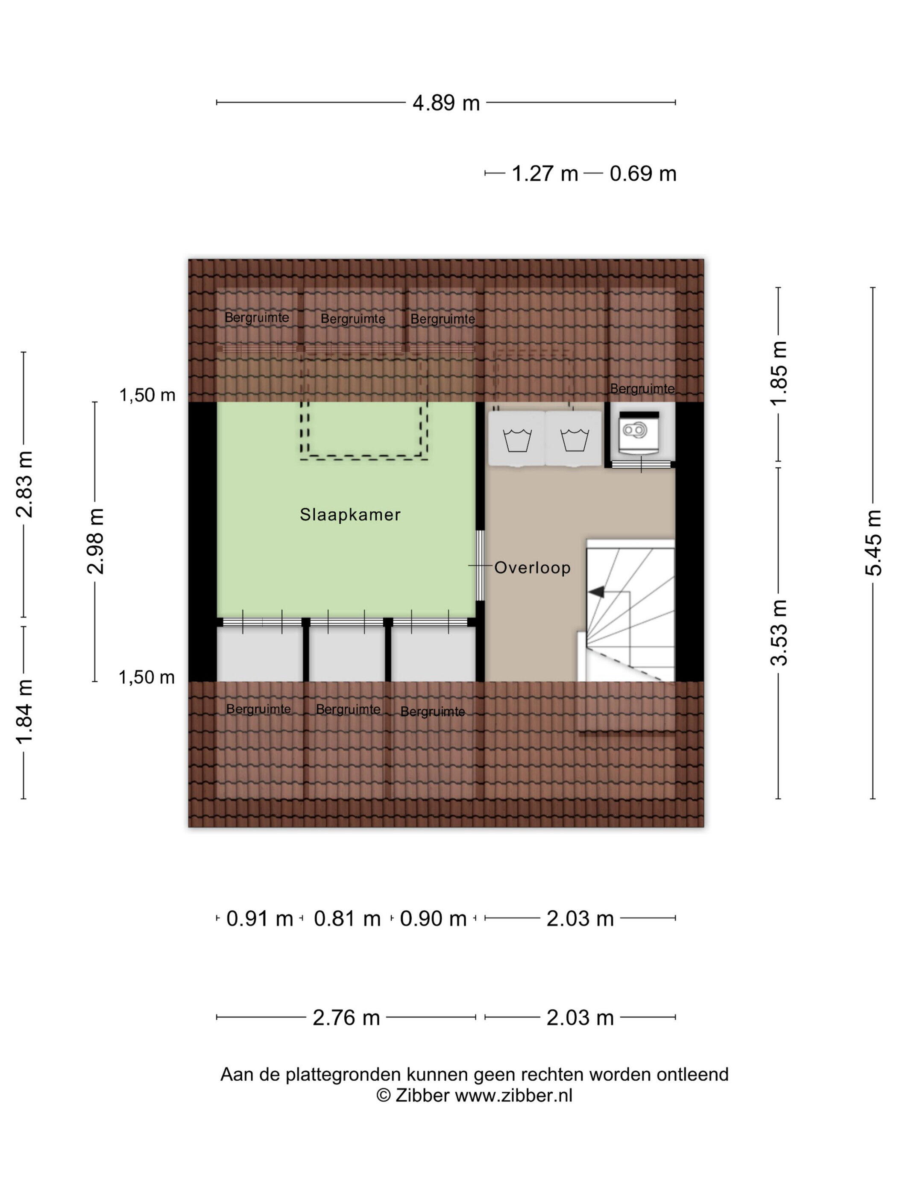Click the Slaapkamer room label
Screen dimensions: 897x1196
coord(350,514)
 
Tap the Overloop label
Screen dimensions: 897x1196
coord(532,568)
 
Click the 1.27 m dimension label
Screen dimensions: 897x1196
coord(545,173)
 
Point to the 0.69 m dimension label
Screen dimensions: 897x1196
coord(643,173)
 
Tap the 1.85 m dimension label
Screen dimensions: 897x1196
coord(780,373)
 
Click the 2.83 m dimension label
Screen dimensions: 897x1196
coord(24,484)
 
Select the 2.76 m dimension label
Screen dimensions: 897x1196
coord(346,1018)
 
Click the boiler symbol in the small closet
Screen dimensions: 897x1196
coord(634,430)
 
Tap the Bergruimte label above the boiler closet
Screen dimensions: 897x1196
coord(642,389)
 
